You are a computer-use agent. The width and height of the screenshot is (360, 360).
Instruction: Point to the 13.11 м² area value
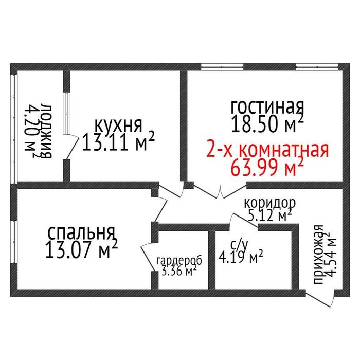pos(119,142)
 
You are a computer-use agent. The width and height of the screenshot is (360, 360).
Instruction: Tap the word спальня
pos(81,232)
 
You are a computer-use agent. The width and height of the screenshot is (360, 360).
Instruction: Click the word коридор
pos(269,202)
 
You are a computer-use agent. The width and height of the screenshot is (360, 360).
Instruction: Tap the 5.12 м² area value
pos(271,214)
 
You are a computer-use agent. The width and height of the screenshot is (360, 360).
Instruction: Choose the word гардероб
pos(179,261)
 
